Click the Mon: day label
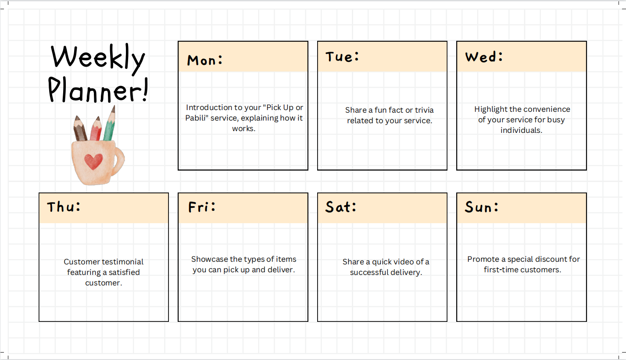click(x=205, y=61)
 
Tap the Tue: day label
click(x=342, y=57)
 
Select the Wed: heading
click(x=484, y=57)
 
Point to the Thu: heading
click(x=64, y=207)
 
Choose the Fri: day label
click(x=202, y=207)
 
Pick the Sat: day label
click(x=341, y=207)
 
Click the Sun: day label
click(x=481, y=207)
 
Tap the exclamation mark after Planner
click(x=145, y=89)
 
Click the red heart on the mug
click(x=93, y=161)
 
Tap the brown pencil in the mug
click(x=80, y=128)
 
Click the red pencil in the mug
click(x=96, y=128)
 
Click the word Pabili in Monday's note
click(x=197, y=118)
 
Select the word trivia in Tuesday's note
click(x=424, y=110)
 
